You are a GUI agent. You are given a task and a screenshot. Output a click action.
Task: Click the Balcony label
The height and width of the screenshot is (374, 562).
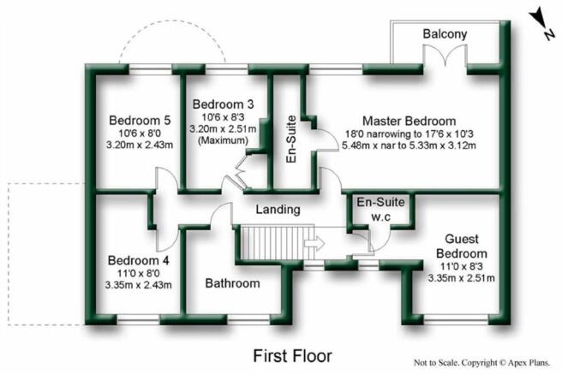point(445,34)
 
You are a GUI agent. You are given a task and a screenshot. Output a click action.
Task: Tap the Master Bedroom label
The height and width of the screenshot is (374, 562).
point(409,121)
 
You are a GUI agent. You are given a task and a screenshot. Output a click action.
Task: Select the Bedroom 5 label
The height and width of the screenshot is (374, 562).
point(140,121)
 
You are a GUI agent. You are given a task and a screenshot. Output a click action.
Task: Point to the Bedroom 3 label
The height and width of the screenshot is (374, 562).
point(223,104)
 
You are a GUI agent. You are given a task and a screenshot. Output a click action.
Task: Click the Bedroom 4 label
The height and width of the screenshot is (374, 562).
point(138,260)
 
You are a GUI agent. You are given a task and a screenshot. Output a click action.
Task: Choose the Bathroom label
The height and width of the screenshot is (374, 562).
point(233,283)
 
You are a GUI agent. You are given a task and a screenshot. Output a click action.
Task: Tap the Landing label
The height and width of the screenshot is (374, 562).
point(278,210)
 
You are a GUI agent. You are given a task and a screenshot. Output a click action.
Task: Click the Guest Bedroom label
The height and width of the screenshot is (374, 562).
point(462,246)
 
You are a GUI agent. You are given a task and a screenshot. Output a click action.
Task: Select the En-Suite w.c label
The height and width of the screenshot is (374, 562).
point(380,209)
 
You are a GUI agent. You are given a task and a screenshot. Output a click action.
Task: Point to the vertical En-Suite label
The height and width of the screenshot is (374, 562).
point(292,140)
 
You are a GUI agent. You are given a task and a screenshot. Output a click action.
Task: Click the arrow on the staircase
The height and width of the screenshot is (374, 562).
point(314,244)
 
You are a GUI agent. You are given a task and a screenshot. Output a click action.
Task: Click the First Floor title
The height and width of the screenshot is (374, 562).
point(292,356)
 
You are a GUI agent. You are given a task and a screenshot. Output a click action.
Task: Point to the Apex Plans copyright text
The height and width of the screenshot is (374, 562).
point(482,363)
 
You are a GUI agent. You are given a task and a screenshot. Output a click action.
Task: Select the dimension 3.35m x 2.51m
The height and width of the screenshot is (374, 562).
point(461,278)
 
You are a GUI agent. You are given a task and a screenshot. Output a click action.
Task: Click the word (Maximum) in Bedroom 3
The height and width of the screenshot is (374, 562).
point(223,140)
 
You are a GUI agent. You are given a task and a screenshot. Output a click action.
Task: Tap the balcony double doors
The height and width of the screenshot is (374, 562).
point(445,56)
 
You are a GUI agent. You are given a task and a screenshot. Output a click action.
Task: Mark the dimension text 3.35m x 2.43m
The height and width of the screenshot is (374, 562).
point(138,285)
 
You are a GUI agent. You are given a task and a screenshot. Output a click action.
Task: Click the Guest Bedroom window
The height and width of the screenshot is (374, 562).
point(456,319)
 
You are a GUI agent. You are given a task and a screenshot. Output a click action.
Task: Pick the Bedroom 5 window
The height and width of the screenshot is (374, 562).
point(150,69)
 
